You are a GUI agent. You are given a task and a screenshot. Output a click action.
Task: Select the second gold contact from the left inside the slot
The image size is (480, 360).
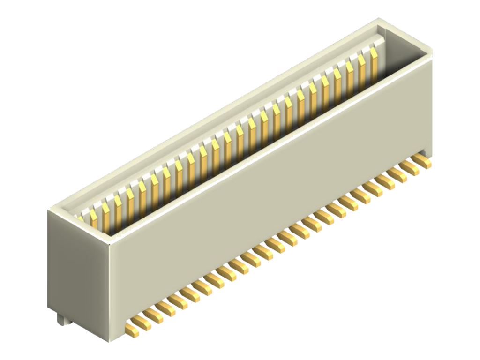pos(93,217)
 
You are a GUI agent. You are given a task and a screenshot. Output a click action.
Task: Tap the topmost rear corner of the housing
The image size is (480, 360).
pos(379,19)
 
